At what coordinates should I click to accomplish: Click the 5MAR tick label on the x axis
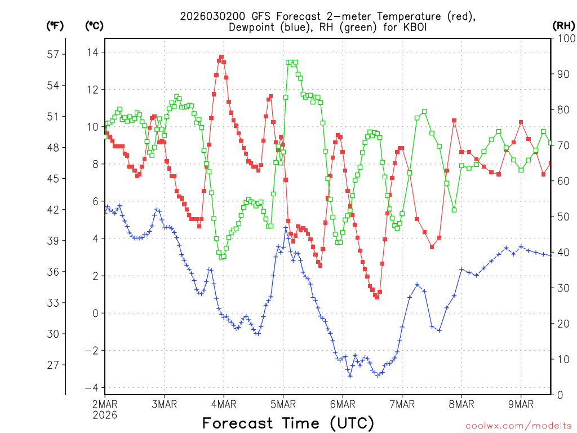(283, 404)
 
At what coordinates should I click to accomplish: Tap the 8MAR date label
(461, 404)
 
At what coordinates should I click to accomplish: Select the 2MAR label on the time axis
(105, 404)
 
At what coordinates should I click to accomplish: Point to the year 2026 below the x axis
(105, 415)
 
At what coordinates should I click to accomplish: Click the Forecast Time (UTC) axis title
(288, 422)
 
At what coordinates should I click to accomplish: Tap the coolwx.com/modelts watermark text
(518, 423)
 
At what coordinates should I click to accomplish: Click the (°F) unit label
(55, 25)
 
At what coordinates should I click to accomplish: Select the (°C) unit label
(94, 25)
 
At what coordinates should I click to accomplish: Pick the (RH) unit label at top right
(563, 25)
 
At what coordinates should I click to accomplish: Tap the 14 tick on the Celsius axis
(91, 52)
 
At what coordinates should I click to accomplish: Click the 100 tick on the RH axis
(565, 38)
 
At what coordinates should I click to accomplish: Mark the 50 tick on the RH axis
(563, 216)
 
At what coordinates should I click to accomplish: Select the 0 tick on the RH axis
(560, 395)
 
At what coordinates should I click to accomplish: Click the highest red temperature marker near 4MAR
(221, 57)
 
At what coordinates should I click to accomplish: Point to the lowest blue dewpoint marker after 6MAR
(350, 376)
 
